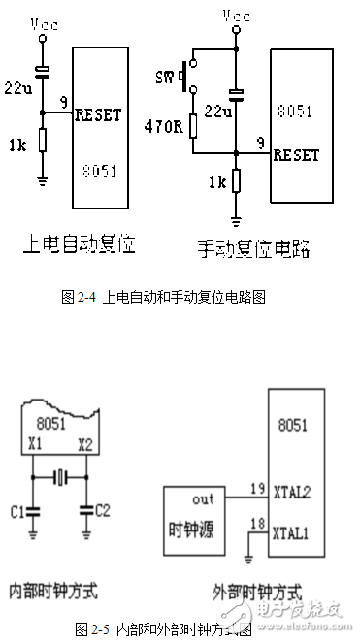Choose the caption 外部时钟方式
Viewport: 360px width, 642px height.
point(258,591)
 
